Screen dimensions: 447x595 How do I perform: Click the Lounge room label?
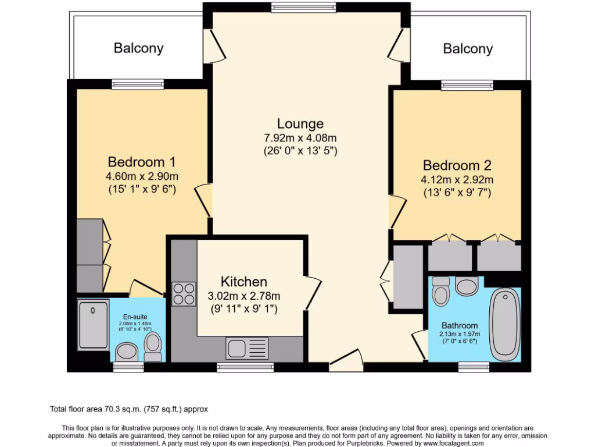[x=300, y=124]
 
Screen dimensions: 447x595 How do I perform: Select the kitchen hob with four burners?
[x=184, y=293]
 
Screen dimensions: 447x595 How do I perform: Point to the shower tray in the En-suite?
[x=93, y=328]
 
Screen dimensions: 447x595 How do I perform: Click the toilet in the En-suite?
[x=153, y=347]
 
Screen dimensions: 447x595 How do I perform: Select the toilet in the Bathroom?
[x=442, y=290]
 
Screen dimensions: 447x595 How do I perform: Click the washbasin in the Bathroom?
[x=467, y=286]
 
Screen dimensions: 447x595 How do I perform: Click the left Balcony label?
[x=138, y=48]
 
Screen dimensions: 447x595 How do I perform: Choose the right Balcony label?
[x=468, y=49]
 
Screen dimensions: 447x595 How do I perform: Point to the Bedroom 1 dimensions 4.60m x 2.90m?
[x=142, y=176]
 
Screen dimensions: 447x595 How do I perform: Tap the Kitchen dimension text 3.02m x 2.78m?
[x=244, y=296]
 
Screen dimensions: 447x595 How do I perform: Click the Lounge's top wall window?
[x=303, y=8]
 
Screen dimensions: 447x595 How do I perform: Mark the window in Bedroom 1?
[x=138, y=84]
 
